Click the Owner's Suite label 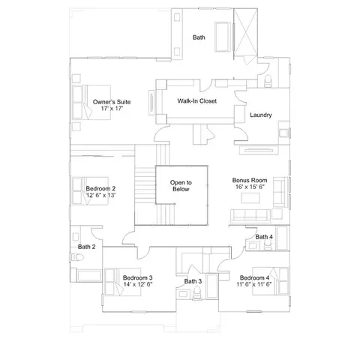(112, 102)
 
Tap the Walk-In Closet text (197, 101)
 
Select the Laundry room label (261, 115)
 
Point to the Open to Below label (181, 186)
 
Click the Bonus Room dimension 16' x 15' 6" (250, 187)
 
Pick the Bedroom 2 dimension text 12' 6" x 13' (100, 195)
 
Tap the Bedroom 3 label (138, 277)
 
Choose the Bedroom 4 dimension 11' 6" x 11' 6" (254, 284)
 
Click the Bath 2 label (86, 247)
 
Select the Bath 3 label (193, 281)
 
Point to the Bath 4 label (264, 237)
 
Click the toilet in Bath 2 (77, 257)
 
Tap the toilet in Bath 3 (196, 293)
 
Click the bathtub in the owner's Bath (222, 37)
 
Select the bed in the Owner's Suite (91, 102)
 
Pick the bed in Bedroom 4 (270, 281)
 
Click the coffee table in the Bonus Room (250, 198)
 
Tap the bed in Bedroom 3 (123, 282)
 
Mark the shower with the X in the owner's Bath (245, 31)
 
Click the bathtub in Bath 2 (89, 276)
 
